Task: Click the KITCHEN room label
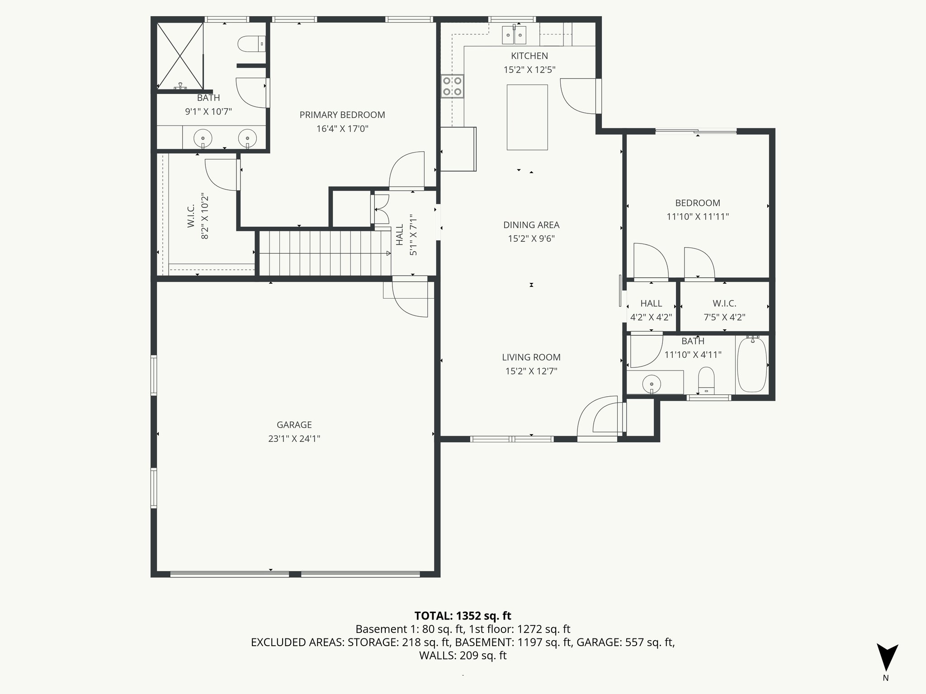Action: pyautogui.click(x=529, y=56)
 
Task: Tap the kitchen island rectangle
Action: pyautogui.click(x=527, y=117)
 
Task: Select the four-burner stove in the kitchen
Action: pyautogui.click(x=452, y=86)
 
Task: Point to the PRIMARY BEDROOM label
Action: pyautogui.click(x=342, y=115)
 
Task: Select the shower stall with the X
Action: pyautogui.click(x=180, y=56)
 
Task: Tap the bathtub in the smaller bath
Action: pyautogui.click(x=752, y=365)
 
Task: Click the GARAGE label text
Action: pyautogui.click(x=294, y=425)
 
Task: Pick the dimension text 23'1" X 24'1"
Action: pyautogui.click(x=294, y=439)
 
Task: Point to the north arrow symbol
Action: pyautogui.click(x=887, y=658)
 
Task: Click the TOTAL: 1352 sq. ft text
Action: pyautogui.click(x=463, y=615)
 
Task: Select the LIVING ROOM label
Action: pyautogui.click(x=531, y=357)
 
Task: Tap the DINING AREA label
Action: pyautogui.click(x=531, y=225)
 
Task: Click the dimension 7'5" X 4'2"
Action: pyautogui.click(x=724, y=317)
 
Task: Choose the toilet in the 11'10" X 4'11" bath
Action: pyautogui.click(x=706, y=380)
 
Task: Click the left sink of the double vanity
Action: pyautogui.click(x=203, y=138)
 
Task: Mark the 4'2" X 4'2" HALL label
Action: pyautogui.click(x=651, y=304)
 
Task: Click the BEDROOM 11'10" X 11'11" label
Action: pyautogui.click(x=698, y=203)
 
